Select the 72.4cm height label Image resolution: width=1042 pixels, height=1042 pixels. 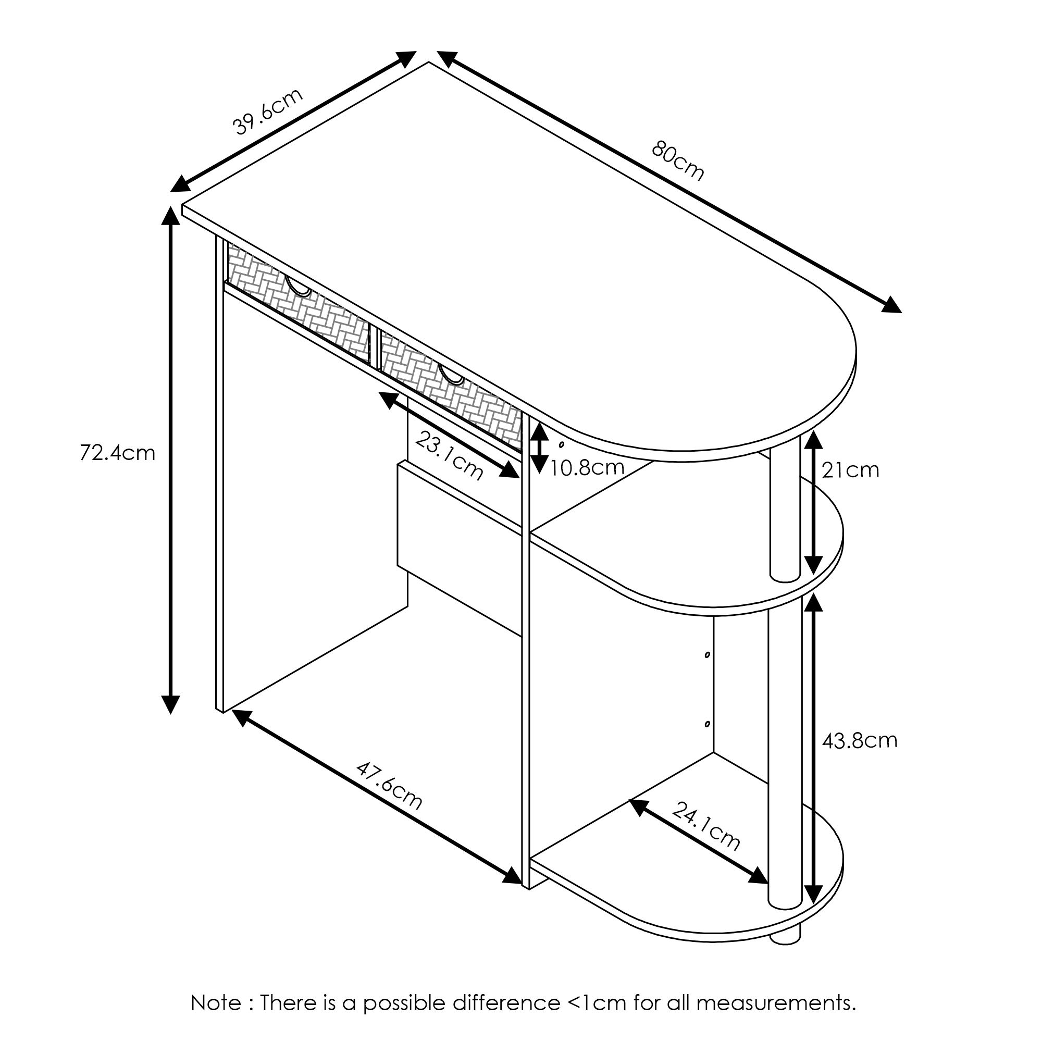coord(117,453)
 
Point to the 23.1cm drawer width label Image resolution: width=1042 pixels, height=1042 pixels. coord(449,456)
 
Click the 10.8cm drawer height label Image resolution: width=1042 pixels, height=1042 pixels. coord(587,468)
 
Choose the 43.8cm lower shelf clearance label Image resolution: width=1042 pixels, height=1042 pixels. coord(859,740)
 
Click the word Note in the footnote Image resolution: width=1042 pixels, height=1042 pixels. coord(215,1003)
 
